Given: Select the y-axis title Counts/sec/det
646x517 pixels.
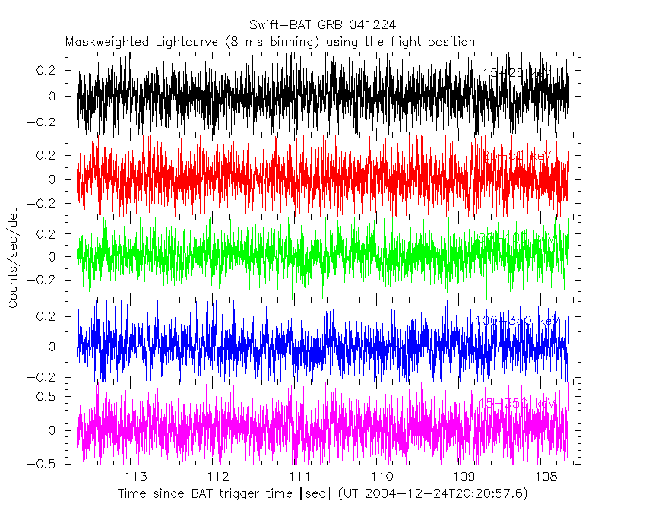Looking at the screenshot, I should point(13,258).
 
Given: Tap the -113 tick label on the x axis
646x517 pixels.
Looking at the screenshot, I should point(134,477).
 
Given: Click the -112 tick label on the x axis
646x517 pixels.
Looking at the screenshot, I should point(216,477).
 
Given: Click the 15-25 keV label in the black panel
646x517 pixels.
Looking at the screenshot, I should point(518,73).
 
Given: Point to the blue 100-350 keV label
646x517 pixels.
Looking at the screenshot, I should point(516,321).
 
